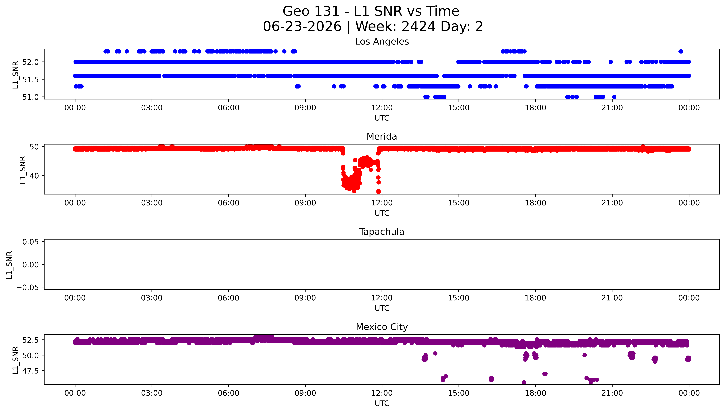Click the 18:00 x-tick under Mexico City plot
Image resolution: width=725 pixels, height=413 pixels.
535,393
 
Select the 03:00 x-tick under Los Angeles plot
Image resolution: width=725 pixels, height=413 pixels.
152,108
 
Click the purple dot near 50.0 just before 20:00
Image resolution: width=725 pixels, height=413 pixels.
584,355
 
